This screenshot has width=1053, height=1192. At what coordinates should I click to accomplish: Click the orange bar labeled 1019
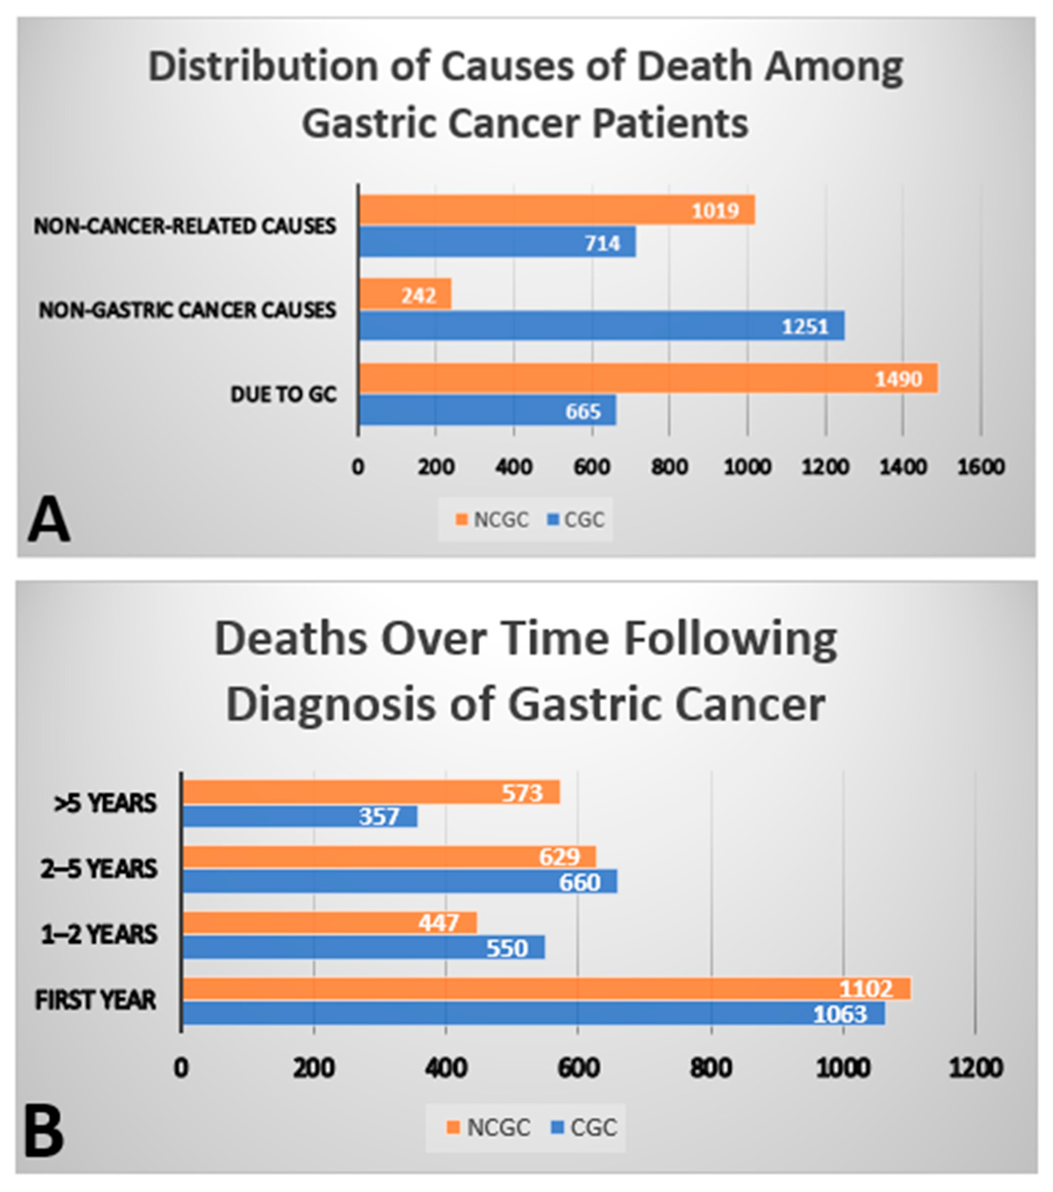557,210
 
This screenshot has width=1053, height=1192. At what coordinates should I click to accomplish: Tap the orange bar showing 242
405,294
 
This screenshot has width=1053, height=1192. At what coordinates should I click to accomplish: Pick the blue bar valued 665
487,410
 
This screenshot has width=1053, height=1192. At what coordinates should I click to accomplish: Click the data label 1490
899,379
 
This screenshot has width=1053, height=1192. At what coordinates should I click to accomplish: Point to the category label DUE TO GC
283,395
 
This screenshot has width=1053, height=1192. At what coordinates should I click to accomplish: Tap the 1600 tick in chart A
981,467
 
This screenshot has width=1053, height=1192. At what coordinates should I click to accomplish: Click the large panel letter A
49,521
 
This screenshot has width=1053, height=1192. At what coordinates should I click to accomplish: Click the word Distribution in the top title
262,67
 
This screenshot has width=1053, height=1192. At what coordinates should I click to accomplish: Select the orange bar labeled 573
371,792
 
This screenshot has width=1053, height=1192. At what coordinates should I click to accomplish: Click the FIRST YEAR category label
95,1000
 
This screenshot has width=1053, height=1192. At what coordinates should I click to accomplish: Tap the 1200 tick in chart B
975,1068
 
